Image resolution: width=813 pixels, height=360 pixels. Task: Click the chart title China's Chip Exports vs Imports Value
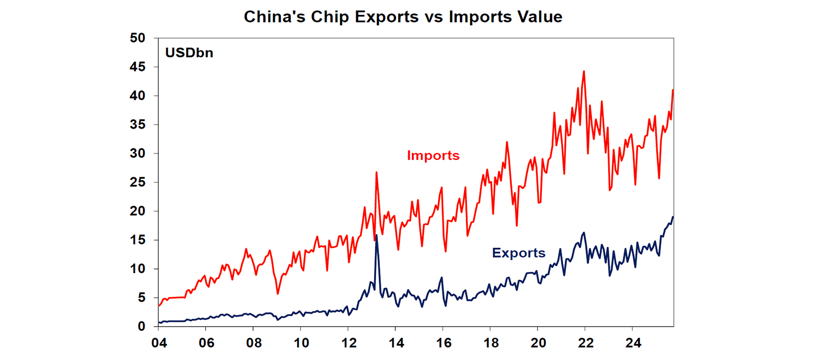point(403,17)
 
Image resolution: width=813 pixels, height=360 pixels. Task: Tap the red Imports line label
point(433,156)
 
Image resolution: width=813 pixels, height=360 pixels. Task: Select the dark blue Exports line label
point(518,253)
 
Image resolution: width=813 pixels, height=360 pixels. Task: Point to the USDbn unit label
point(189,53)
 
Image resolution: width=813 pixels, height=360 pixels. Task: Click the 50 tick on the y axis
point(138,38)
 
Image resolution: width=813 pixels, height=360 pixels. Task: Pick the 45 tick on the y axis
point(138,67)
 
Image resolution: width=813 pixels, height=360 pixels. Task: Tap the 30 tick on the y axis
point(138,154)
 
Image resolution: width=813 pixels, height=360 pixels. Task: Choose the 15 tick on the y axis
point(138,240)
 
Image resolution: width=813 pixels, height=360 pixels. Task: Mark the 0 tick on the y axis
point(141,327)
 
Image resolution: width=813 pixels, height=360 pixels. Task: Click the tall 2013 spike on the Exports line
point(376,235)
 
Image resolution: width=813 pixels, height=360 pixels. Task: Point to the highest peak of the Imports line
point(583,71)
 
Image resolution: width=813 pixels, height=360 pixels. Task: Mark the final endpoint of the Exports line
point(673,217)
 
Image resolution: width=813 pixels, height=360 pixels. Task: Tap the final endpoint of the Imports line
point(673,90)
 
